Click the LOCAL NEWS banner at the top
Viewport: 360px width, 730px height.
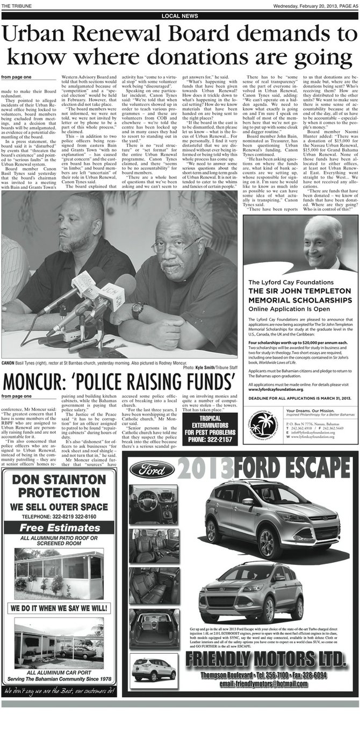179,16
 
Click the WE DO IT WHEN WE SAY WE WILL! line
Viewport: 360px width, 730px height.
61,607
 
